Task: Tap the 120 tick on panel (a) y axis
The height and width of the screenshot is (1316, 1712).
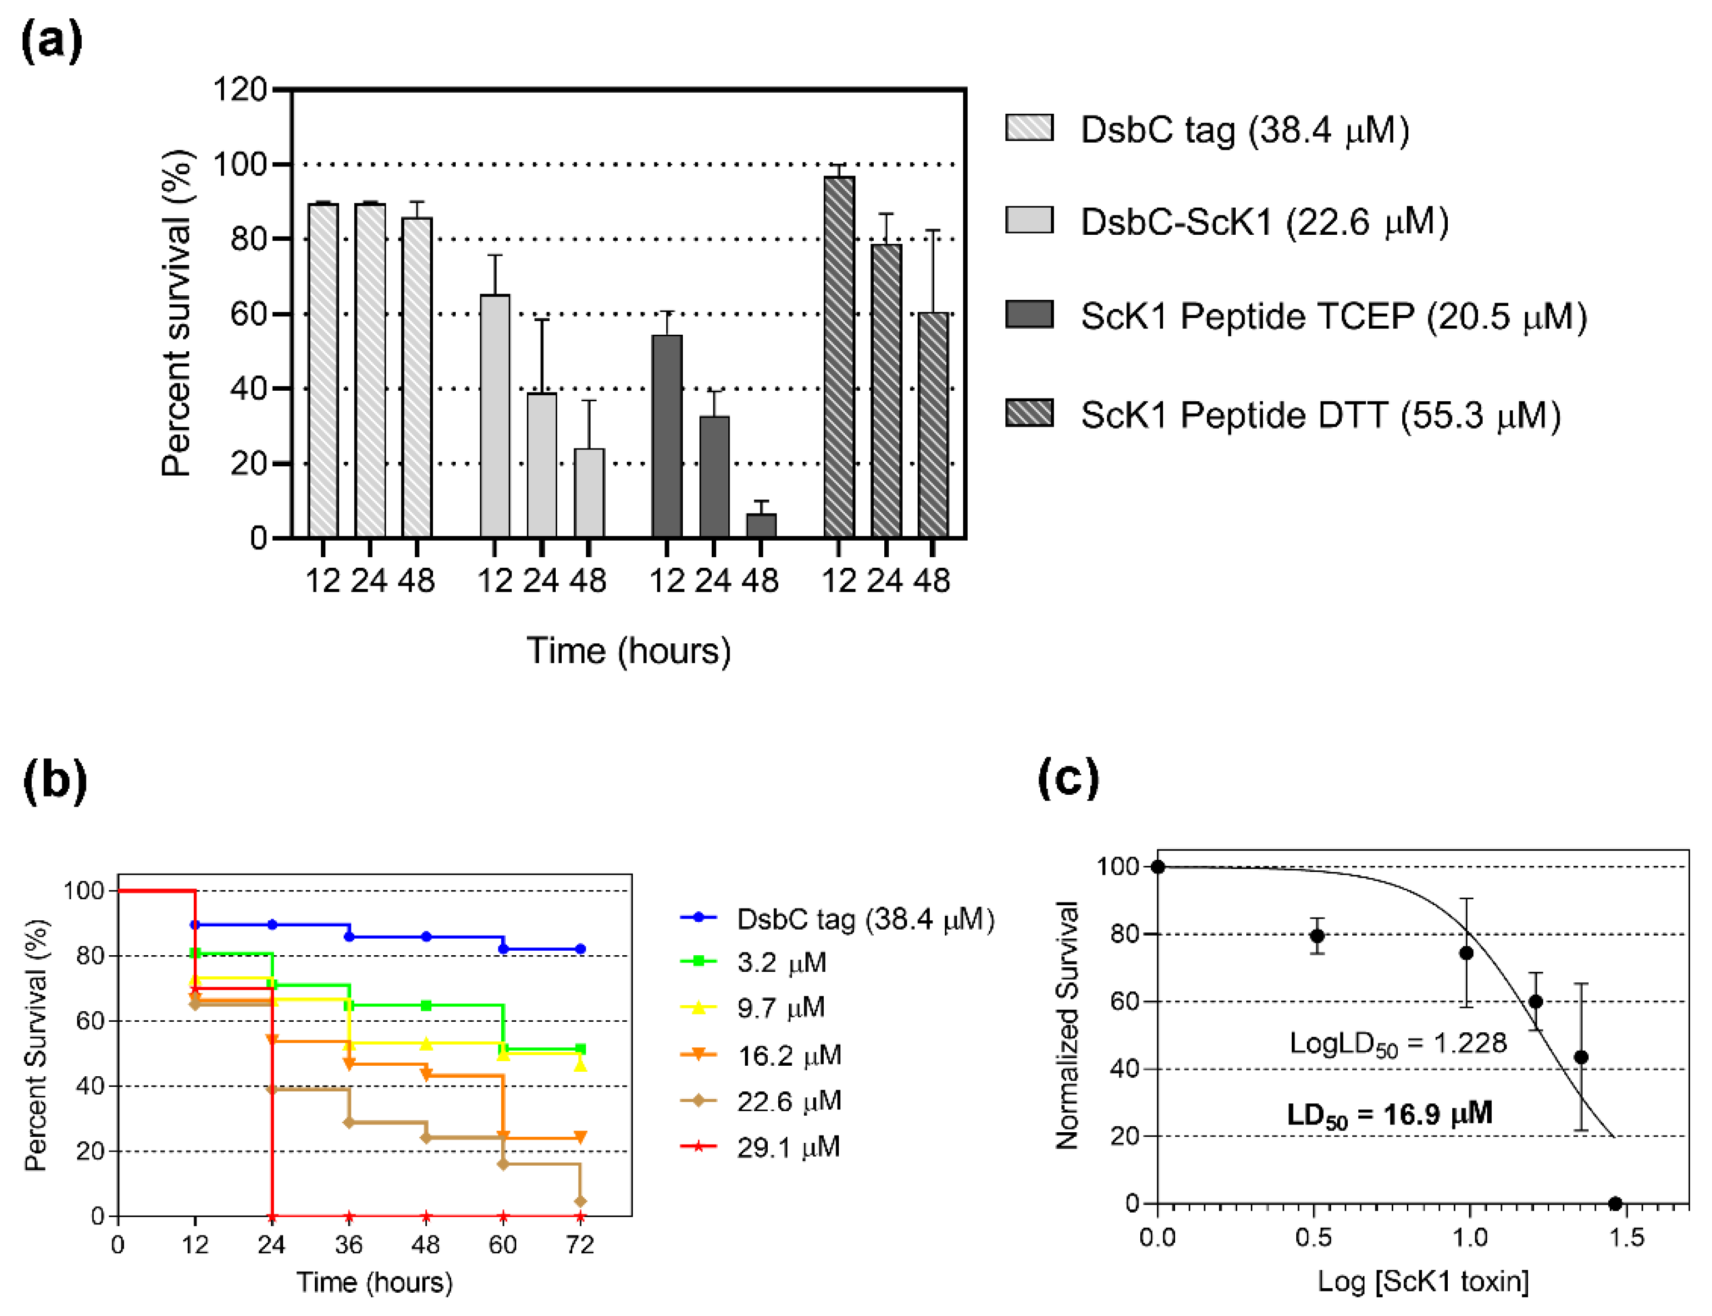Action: click(x=240, y=89)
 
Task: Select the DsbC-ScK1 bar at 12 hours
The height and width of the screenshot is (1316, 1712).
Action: click(x=495, y=415)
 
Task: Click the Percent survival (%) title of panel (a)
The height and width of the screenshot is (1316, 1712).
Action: click(x=177, y=314)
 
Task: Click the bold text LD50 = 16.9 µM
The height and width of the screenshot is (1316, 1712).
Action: click(x=1388, y=1115)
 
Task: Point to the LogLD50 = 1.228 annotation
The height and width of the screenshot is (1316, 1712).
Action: click(x=1397, y=1043)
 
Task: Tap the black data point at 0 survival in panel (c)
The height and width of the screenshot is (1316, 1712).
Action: click(x=1614, y=1204)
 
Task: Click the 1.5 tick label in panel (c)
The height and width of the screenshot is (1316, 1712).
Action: click(x=1626, y=1238)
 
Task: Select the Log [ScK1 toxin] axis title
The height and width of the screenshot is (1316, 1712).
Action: click(x=1422, y=1282)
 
